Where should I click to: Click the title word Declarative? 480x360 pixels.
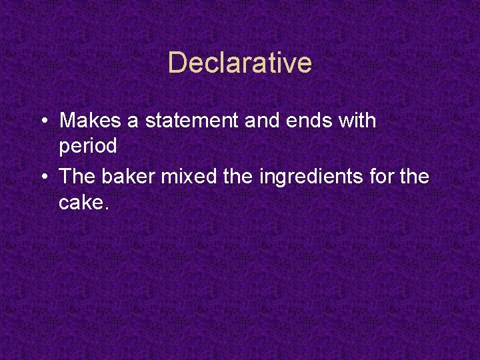(240, 63)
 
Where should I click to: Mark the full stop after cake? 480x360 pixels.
(105, 208)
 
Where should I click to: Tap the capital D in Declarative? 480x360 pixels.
(177, 63)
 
